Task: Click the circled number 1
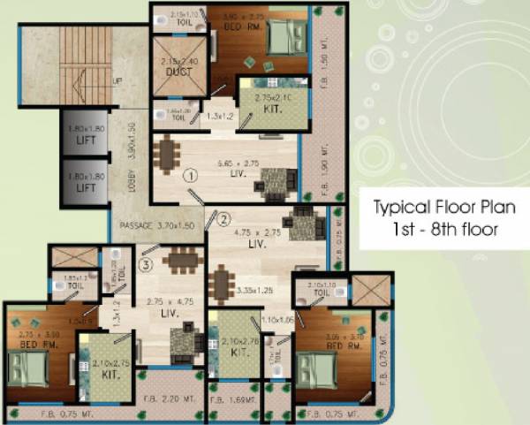point(188,176)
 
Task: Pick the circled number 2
point(223,218)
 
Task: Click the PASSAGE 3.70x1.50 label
point(155,225)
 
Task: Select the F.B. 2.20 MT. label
point(173,398)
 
